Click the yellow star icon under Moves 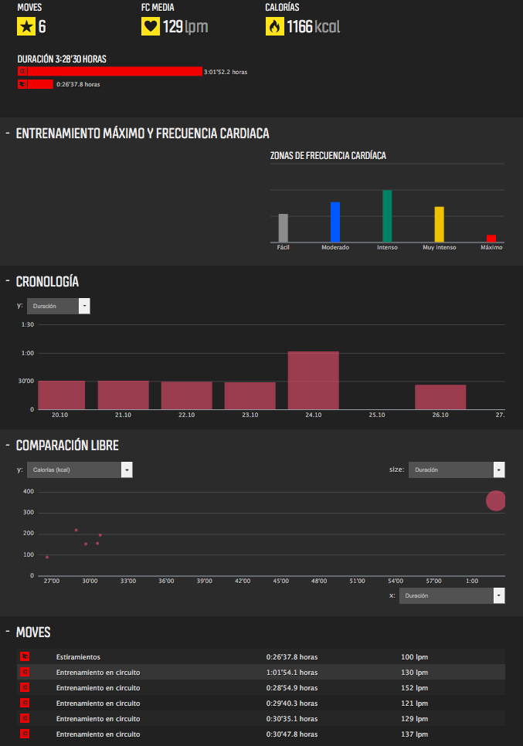coord(26,27)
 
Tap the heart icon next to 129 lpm coord(151,27)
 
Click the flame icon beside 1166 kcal coord(274,27)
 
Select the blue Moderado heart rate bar coord(335,222)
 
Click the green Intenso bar coord(387,216)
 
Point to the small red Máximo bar coord(491,239)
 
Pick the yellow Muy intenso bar coord(439,225)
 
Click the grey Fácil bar coord(284,228)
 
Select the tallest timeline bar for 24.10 coord(314,380)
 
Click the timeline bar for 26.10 coord(440,396)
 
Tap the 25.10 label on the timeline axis coord(376,415)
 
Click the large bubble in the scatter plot coord(496,500)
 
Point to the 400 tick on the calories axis coord(29,491)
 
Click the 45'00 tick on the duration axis coord(281,582)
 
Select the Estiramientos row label coord(78,657)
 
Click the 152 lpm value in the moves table coord(414,687)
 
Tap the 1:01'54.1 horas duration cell coord(292,672)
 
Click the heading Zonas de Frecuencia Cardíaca coord(328,156)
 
